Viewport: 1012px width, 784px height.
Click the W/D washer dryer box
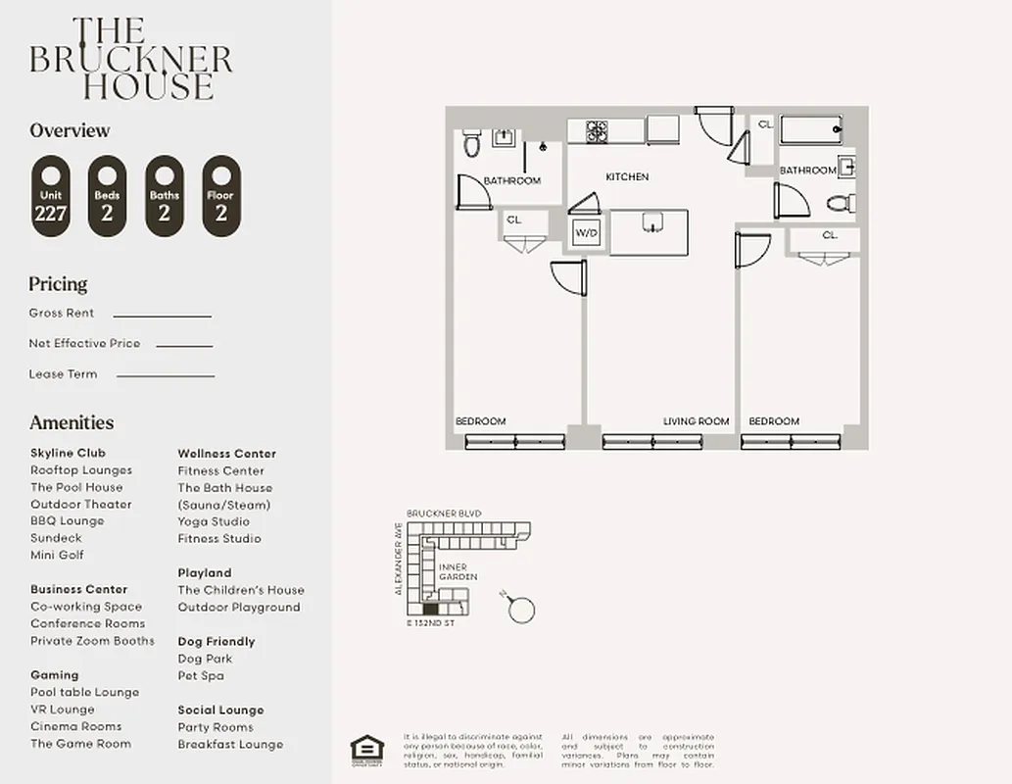pyautogui.click(x=586, y=233)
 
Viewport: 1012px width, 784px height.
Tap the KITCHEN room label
pyautogui.click(x=627, y=177)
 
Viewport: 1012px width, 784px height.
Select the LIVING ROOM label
pyautogui.click(x=696, y=421)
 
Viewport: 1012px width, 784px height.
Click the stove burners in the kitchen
pyautogui.click(x=597, y=130)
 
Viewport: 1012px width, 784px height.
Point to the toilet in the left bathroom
pyautogui.click(x=471, y=145)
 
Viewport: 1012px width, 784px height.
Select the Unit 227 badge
pyautogui.click(x=50, y=196)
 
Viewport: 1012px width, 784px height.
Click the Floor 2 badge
pyautogui.click(x=220, y=196)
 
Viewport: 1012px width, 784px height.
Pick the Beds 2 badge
pyautogui.click(x=107, y=196)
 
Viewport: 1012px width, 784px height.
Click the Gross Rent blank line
pyautogui.click(x=162, y=316)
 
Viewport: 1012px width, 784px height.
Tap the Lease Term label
pyautogui.click(x=63, y=374)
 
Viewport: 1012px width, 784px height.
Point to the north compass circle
pyautogui.click(x=523, y=610)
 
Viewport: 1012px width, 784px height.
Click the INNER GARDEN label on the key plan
pyautogui.click(x=458, y=572)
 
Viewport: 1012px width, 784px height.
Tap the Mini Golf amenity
pyautogui.click(x=57, y=555)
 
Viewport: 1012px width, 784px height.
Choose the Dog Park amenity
pyautogui.click(x=205, y=659)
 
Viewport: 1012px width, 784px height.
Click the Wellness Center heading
pyautogui.click(x=226, y=454)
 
